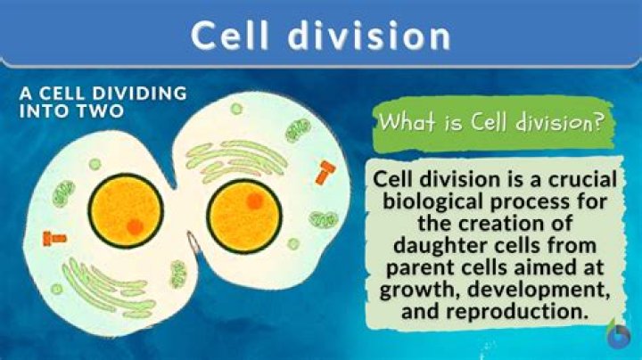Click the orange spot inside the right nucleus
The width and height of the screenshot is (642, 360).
coord(254,201)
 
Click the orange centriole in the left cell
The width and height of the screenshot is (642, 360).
coord(54,237)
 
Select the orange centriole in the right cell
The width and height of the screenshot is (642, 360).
coord(325,172)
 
